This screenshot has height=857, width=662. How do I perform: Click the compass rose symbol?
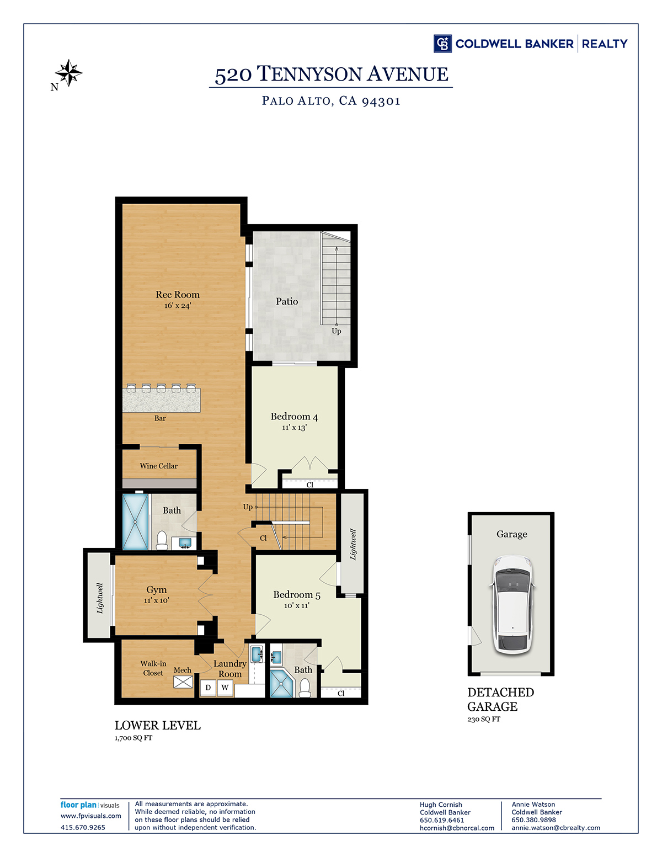[x=68, y=73]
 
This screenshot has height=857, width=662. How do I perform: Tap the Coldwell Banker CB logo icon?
[x=442, y=44]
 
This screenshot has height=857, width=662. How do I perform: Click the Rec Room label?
[x=178, y=295]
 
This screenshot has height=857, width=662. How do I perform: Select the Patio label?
[x=287, y=301]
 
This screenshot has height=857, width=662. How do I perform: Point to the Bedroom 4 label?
[x=294, y=417]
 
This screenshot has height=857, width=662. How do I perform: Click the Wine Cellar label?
[x=158, y=466]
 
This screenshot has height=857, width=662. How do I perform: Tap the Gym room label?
[x=157, y=590]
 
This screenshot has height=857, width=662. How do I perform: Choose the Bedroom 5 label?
[x=297, y=595]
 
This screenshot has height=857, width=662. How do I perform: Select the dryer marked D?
[x=208, y=688]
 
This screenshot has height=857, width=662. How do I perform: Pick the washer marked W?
[x=225, y=688]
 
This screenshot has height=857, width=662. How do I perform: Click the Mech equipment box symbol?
[x=183, y=682]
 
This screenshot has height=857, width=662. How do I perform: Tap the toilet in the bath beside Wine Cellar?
[x=162, y=540]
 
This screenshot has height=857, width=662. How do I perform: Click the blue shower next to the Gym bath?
[x=135, y=522]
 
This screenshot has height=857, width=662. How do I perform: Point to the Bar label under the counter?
[x=160, y=418]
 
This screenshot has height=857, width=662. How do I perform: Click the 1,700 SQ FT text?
[x=134, y=737]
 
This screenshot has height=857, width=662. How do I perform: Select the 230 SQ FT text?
[x=484, y=719]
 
